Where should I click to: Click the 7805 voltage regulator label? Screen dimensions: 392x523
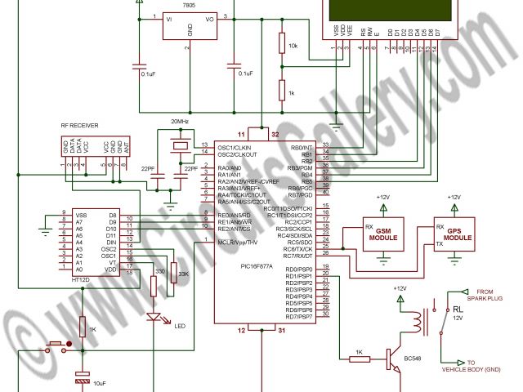tap(189, 5)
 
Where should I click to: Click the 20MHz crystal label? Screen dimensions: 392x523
tap(180, 122)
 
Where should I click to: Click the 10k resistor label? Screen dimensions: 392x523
tap(293, 47)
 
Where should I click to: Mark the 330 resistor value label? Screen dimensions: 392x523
tap(160, 271)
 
